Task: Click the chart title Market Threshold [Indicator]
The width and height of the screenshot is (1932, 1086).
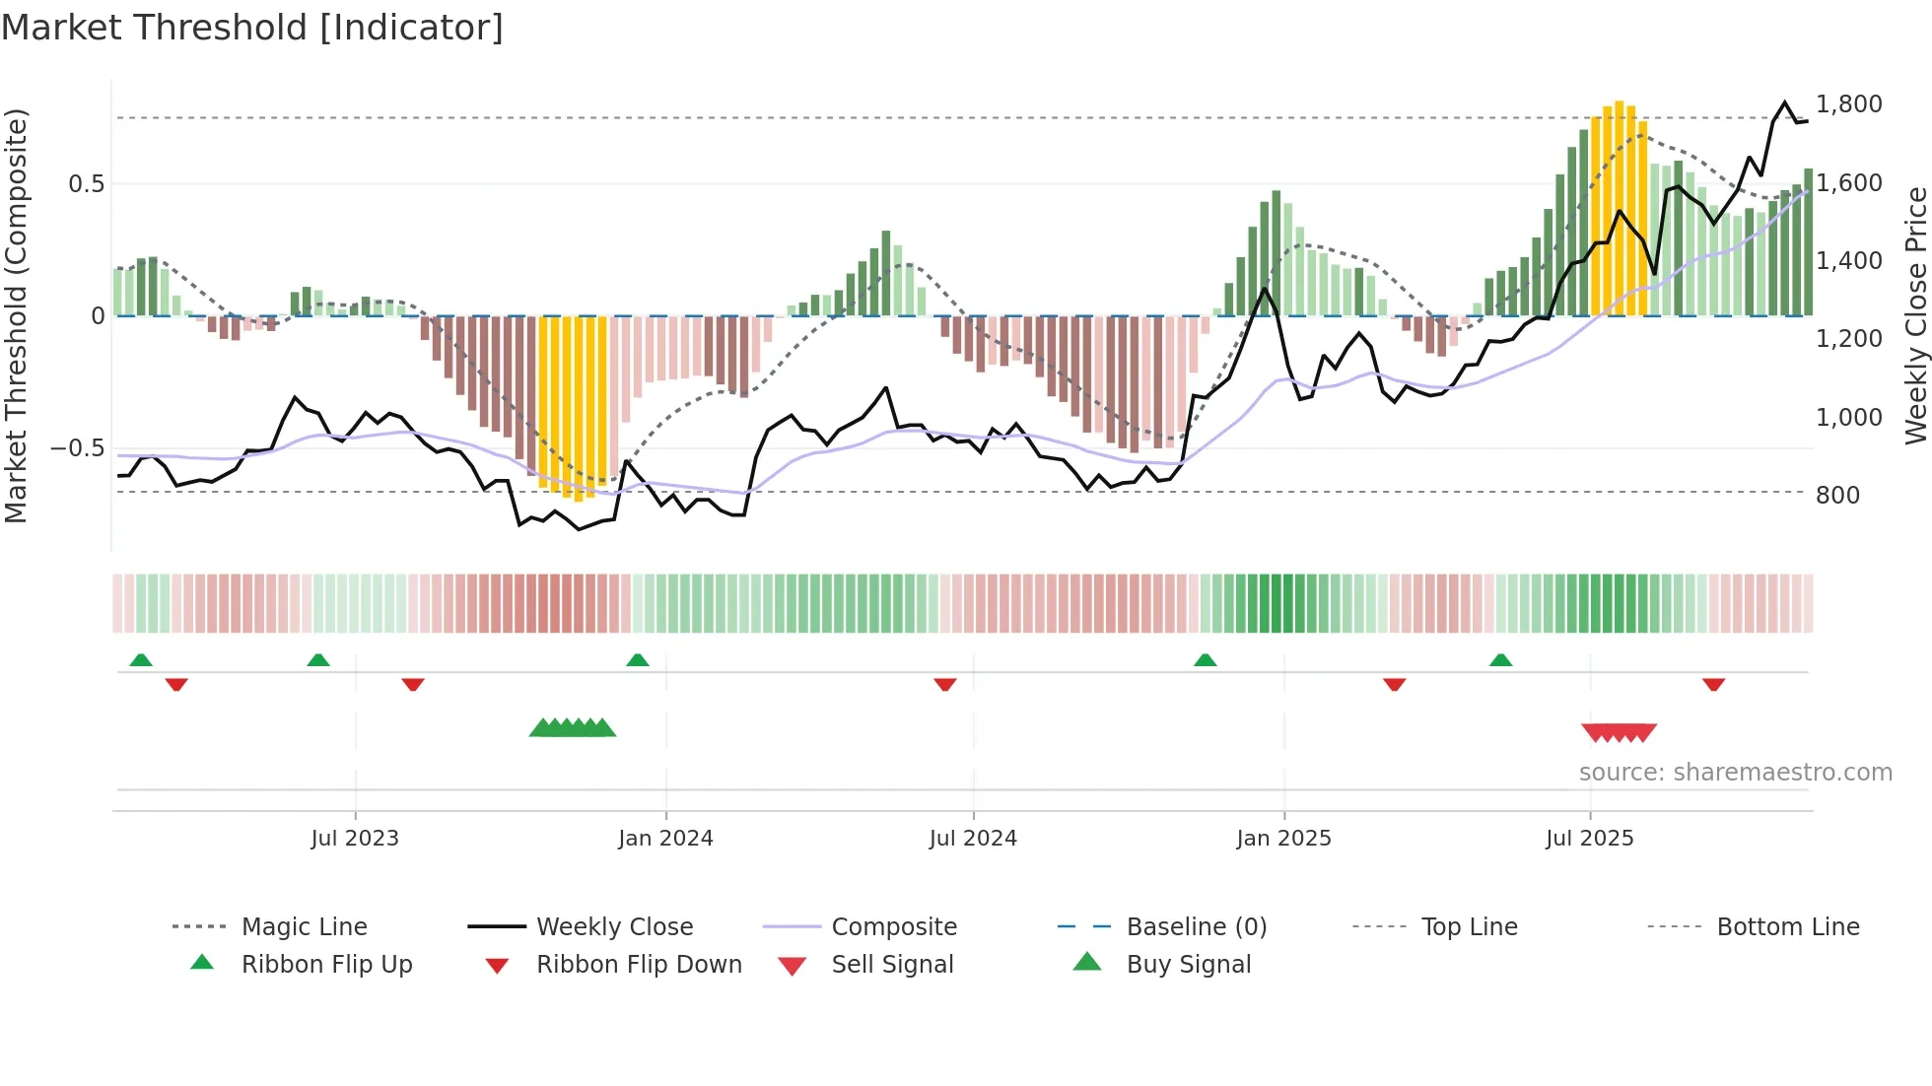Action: (252, 28)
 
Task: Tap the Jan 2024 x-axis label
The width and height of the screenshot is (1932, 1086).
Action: (665, 839)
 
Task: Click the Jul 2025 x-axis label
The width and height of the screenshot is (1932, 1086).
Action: (1589, 839)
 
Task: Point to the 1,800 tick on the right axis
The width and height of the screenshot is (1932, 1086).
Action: (1848, 104)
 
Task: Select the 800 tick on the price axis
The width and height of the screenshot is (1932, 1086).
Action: (1837, 496)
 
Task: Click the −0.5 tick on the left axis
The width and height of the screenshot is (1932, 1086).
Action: (78, 448)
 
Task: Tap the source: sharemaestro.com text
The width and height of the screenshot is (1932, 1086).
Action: (1735, 773)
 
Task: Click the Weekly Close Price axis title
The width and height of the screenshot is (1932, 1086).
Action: (1915, 315)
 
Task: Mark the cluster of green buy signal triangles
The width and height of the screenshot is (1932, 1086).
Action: (573, 729)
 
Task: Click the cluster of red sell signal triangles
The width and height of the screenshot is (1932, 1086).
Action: (1619, 732)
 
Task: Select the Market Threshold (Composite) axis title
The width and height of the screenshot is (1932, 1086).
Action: (16, 315)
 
